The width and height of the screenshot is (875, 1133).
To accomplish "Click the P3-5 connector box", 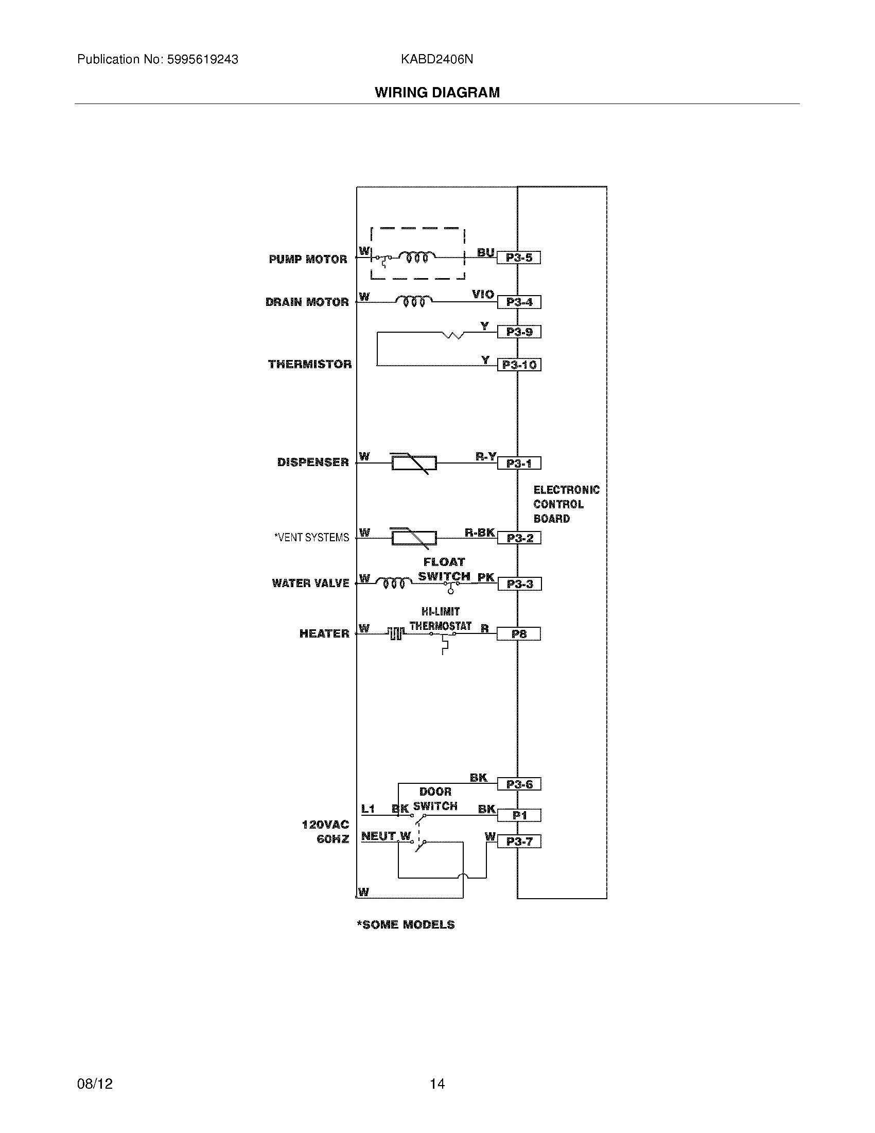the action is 518,258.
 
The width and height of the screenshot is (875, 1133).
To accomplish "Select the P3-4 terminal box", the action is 519,302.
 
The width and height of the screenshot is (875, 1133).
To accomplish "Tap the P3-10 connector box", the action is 519,365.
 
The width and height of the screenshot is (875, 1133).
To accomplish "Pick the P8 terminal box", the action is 518,634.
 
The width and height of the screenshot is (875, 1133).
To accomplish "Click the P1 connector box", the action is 519,816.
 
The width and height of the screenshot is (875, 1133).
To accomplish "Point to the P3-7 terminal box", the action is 519,842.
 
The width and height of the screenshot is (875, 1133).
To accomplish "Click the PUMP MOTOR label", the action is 308,260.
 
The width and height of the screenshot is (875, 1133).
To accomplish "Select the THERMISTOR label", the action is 309,364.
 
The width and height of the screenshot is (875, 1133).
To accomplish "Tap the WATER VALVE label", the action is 310,583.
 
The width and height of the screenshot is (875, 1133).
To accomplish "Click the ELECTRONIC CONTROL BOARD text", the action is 566,504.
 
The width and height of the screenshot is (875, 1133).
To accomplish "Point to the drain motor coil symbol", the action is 414,301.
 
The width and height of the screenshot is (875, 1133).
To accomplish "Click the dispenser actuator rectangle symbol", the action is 414,463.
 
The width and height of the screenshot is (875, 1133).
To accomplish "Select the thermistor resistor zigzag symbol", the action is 453,335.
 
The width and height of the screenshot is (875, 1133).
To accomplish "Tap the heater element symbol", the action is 395,633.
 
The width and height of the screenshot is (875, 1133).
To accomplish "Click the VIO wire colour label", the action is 483,294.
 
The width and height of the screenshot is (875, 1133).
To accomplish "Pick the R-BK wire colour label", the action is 480,533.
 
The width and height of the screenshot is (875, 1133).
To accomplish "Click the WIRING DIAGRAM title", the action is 437,92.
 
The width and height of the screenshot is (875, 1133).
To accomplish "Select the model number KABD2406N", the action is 436,59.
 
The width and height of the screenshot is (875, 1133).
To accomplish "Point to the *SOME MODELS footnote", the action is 406,924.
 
